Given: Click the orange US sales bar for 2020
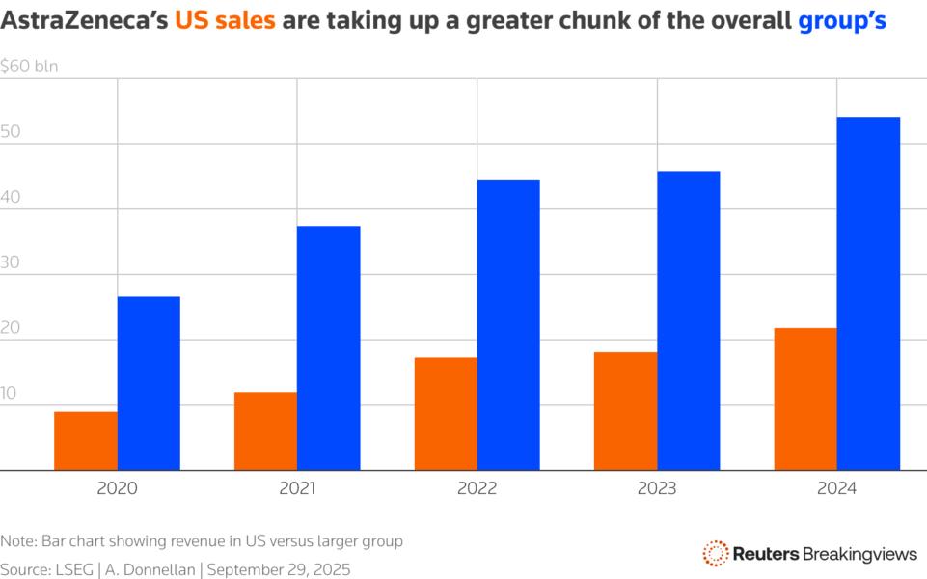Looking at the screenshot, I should coord(86,441).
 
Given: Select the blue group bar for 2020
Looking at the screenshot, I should coord(149,383).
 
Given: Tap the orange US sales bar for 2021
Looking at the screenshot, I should coord(265,431).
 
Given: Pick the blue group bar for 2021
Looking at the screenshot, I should coord(328,348).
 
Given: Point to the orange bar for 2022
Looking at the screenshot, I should coord(446,414).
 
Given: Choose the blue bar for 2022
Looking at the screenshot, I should coord(508,325).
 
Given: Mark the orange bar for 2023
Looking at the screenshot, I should coord(626,411).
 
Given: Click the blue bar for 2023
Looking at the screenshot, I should coord(689,320).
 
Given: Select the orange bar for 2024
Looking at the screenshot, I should coord(805,400).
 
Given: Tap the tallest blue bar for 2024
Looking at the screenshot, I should coord(868,293).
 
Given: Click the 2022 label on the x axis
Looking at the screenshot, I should coord(477,489).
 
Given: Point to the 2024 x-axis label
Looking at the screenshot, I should coord(836,489).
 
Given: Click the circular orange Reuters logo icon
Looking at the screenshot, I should coord(715,553).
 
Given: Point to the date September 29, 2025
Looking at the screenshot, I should coord(280,570).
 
